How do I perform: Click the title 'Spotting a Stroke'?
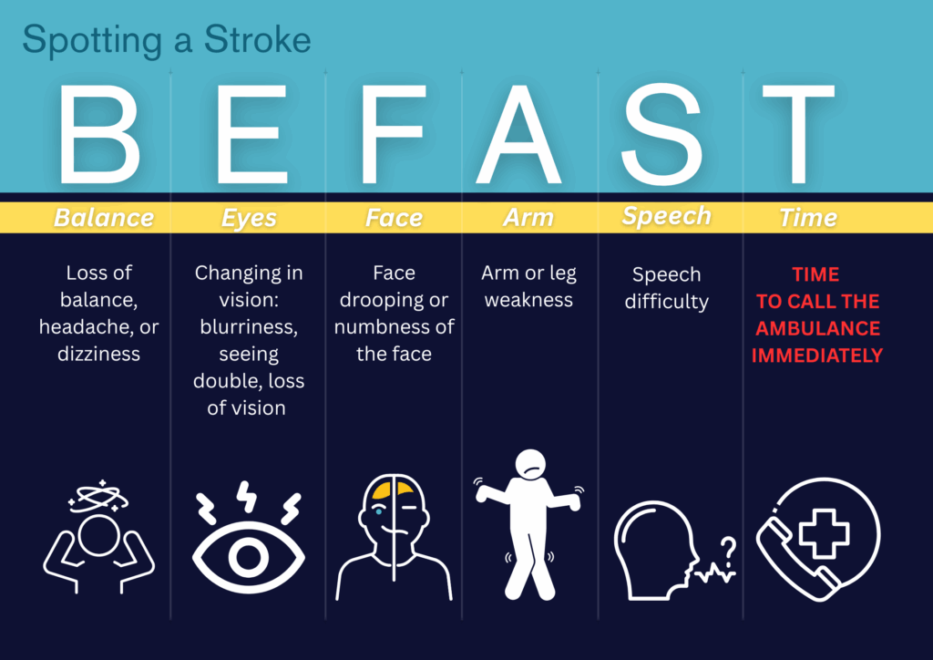coord(167,40)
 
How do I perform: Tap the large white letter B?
coord(99,134)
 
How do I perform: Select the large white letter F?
coord(394,134)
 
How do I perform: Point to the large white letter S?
coord(661,134)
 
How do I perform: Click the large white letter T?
coord(798,134)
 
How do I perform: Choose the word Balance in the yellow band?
coord(104,217)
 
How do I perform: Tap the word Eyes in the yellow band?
coord(249,219)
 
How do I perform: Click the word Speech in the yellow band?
coord(666,216)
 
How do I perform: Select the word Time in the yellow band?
coord(808,217)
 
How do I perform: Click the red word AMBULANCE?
coord(817,328)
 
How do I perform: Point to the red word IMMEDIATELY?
coord(817,356)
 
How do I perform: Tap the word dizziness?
coord(98,354)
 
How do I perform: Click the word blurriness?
coord(249,326)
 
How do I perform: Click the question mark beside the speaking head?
coord(728,552)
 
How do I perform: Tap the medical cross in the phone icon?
coord(824,533)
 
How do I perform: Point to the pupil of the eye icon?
coord(248,558)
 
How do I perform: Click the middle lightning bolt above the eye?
coord(246,496)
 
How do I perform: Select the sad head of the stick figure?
coord(530,464)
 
